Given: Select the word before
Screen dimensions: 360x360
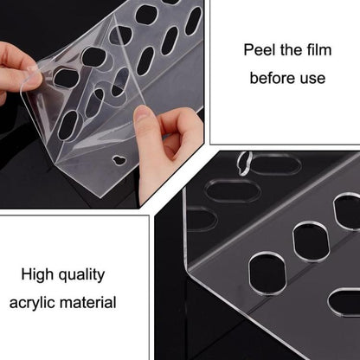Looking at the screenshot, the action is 273,78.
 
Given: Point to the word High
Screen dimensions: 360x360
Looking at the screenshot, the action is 38,274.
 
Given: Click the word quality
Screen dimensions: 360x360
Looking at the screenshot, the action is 81,275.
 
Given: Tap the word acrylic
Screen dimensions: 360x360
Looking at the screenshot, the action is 32,303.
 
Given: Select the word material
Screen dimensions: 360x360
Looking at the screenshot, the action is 88,303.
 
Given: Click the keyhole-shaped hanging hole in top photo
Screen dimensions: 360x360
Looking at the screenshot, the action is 119,160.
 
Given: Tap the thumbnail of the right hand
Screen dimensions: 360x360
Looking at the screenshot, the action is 141,113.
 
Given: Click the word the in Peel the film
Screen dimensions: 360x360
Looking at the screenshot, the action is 289,50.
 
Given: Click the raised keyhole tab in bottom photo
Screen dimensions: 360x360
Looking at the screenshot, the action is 244,163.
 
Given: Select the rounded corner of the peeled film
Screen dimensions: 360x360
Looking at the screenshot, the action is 23,90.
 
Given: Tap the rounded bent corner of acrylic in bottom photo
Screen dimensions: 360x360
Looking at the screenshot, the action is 188,267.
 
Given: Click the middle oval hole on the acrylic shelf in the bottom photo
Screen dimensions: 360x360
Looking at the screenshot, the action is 312,241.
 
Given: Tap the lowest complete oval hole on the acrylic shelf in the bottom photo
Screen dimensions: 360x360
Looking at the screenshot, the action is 267,273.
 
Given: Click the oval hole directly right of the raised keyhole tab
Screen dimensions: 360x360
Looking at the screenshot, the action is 276,164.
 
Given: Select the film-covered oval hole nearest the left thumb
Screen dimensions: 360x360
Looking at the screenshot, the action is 67,78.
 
